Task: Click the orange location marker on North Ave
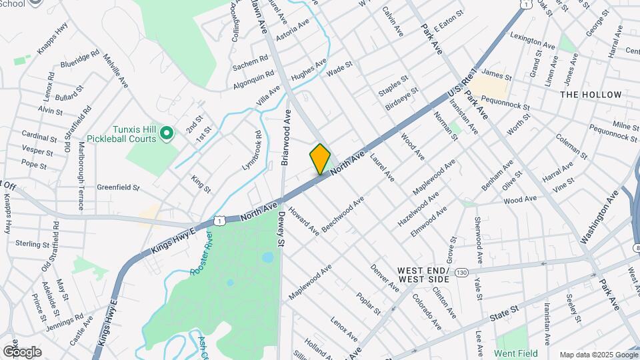[320, 159]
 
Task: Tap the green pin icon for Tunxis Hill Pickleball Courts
[167, 134]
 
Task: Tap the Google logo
[22, 351]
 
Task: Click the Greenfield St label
[118, 188]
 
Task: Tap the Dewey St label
[282, 230]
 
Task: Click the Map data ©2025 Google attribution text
[598, 355]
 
